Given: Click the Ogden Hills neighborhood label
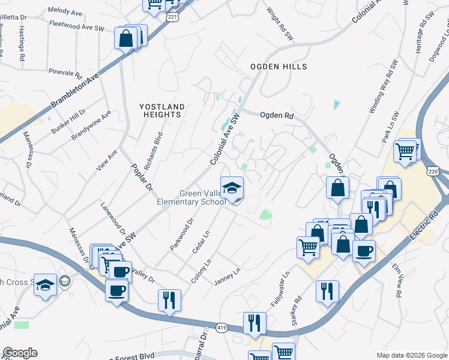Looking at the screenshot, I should coord(279,67).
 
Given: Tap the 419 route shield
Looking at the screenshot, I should coord(221,329).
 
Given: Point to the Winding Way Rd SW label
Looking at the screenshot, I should coord(384,86).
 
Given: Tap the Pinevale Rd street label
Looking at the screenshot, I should coord(65,73).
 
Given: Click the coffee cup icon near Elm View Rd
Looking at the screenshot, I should coord(364,251).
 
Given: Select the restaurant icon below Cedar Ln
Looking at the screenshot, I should coord(169,299).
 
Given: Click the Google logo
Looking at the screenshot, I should coord(20,353).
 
